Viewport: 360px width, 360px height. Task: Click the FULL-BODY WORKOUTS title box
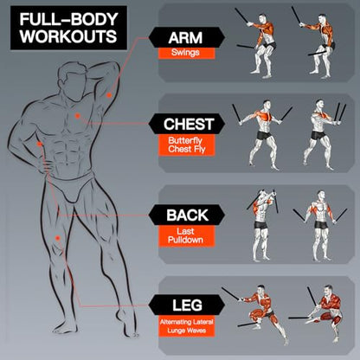68,28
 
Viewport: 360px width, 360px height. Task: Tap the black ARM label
187,37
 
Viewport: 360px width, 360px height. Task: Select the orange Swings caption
186,53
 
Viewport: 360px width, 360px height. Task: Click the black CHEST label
187,124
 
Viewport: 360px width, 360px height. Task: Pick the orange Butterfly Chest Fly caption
187,145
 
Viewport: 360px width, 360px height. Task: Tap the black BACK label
187,215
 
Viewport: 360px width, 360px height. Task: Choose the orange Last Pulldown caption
187,236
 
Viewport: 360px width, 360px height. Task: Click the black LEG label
187,305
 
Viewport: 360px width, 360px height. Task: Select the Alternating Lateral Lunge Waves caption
187,326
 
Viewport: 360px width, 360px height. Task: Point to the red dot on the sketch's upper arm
109,95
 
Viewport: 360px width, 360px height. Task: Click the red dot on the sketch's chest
77,116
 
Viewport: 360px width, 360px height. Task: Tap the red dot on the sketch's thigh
58,238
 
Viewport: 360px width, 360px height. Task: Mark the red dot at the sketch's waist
40,144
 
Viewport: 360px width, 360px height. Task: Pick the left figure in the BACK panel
261,225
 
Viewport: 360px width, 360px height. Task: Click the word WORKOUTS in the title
68,36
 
